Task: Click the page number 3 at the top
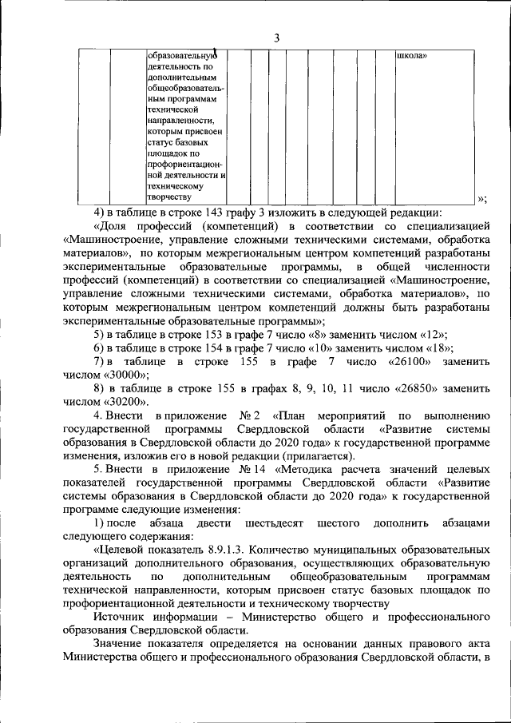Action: point(275,38)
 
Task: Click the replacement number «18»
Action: point(438,348)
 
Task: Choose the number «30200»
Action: point(122,401)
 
